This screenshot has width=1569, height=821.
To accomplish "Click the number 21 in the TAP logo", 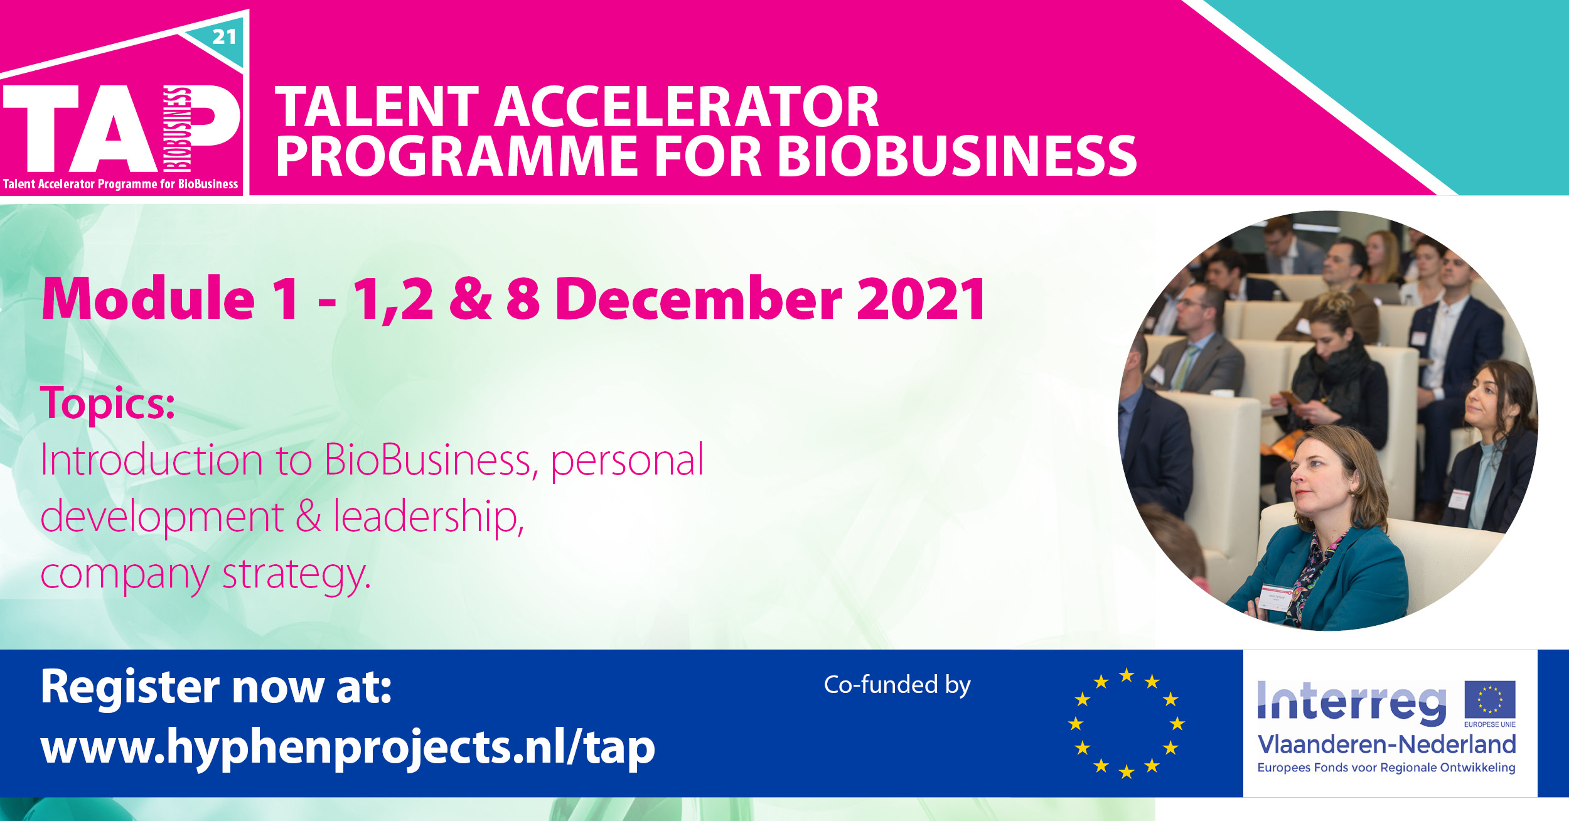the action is tap(224, 37).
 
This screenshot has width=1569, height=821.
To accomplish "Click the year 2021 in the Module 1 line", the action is tap(921, 299).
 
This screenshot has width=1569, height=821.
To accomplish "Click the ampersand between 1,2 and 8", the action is tap(471, 299).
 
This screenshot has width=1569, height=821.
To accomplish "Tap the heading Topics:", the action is tap(107, 403).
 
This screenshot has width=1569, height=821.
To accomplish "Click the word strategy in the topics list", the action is tap(296, 574).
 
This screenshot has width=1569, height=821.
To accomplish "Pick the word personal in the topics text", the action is tap(627, 460).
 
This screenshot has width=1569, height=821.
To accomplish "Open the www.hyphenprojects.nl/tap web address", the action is tap(348, 748).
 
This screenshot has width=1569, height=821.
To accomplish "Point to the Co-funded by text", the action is tap(897, 685).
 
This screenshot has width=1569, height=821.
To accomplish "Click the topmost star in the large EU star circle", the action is tap(1127, 675).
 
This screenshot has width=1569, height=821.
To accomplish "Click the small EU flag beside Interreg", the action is tap(1490, 699).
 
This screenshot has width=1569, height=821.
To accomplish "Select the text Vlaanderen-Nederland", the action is tap(1386, 744).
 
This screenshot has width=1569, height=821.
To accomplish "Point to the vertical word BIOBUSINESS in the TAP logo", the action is tap(177, 129).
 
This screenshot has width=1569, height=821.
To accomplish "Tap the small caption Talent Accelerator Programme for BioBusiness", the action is tap(120, 184).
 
